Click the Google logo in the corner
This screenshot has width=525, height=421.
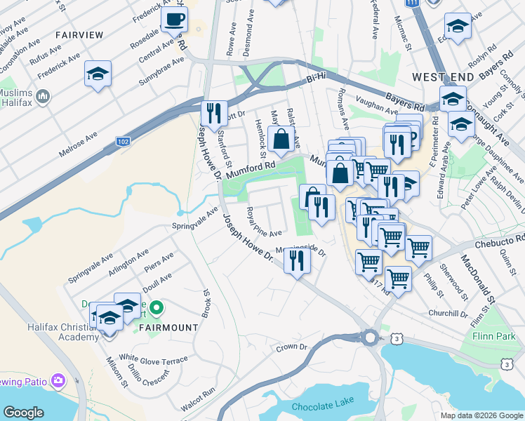[24, 413]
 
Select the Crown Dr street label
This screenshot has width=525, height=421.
[292, 347]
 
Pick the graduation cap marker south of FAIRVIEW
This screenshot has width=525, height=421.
[98, 74]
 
